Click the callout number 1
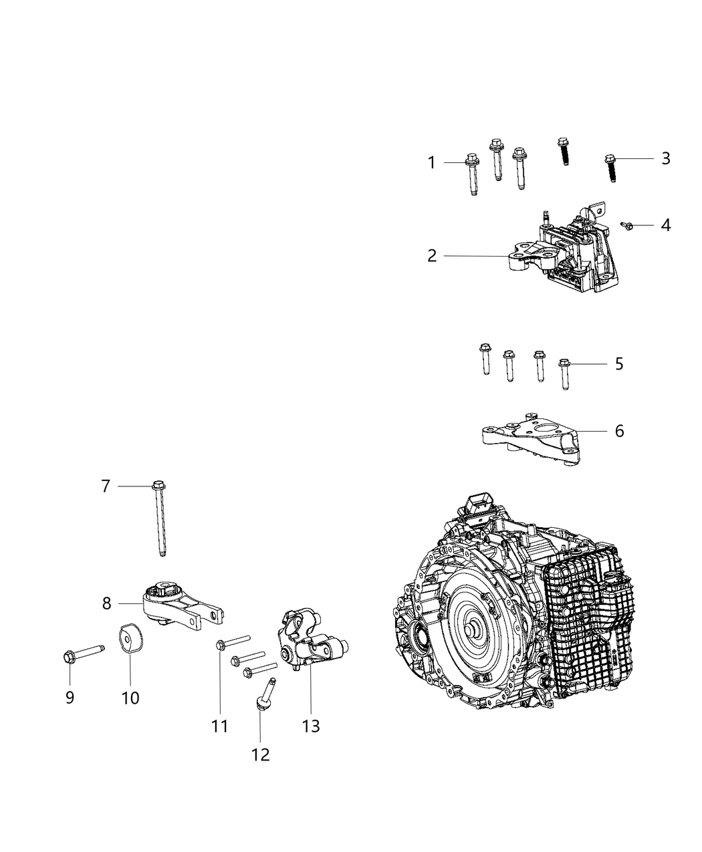[432, 162]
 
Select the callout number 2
[432, 256]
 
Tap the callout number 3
[665, 158]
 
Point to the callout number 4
[665, 225]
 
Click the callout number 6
[619, 431]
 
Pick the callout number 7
[105, 486]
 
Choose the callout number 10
[130, 698]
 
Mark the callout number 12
[260, 754]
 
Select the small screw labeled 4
[628, 227]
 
